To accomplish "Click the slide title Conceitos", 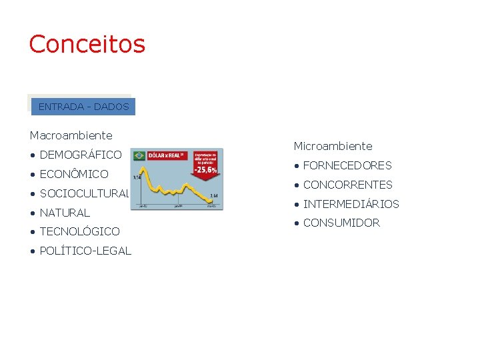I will (x=87, y=44).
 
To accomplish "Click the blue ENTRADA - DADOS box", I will (x=83, y=107).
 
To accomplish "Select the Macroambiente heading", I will (x=71, y=135).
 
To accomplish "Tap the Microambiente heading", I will (x=333, y=146).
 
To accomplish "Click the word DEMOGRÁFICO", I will (x=81, y=155).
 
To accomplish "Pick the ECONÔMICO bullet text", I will (x=74, y=174).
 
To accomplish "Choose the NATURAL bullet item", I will (x=65, y=213).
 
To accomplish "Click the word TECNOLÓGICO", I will (x=80, y=231).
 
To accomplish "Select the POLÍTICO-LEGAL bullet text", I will (x=85, y=251).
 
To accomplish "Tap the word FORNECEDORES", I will (x=347, y=165).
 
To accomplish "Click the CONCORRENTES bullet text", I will (x=348, y=185).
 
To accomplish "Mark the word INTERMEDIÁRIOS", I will (x=351, y=204).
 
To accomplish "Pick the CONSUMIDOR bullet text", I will (x=341, y=223).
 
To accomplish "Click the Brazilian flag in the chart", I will (x=139, y=155).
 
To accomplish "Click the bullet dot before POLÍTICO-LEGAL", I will (x=33, y=251).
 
